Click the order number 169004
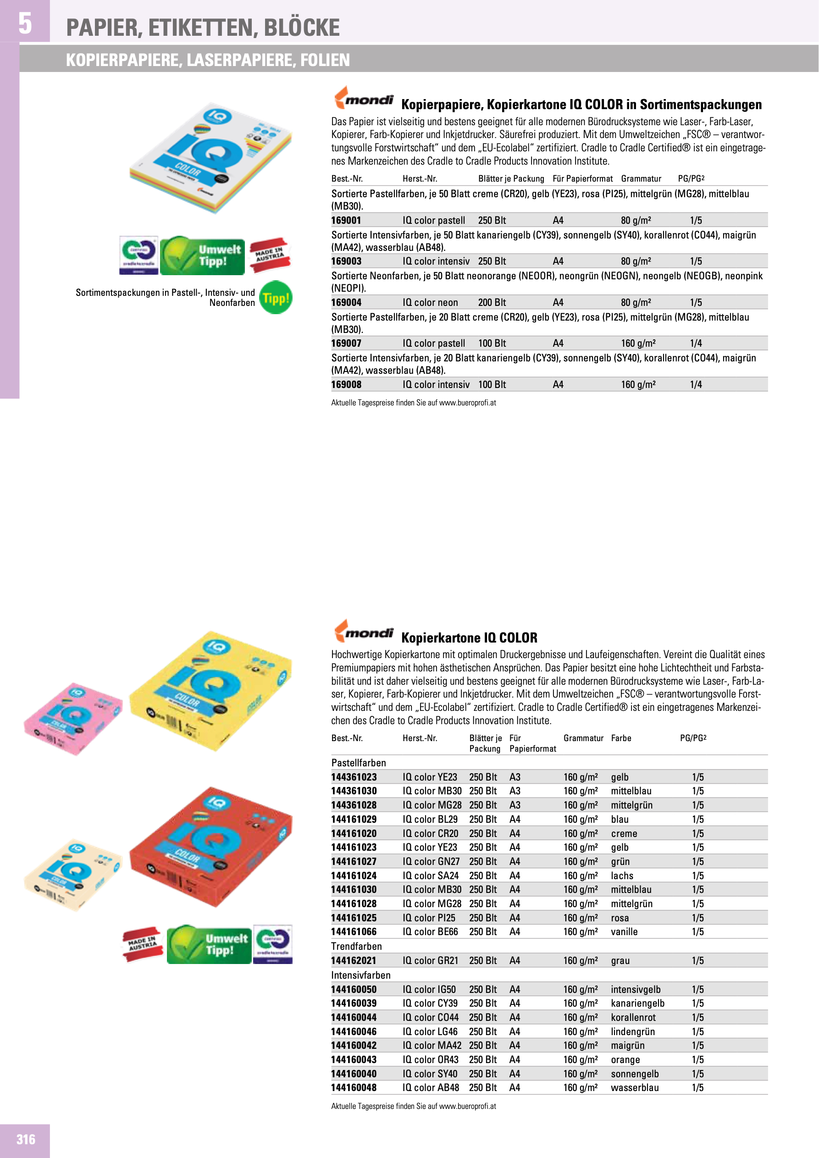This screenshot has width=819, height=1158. tap(346, 303)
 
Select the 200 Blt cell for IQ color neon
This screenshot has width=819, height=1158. tap(492, 303)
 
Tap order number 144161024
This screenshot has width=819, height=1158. tap(354, 875)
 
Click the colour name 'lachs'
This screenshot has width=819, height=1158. tap(622, 875)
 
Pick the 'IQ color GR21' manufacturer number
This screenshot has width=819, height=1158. tap(430, 960)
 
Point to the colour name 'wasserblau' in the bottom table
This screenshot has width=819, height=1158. tap(634, 1087)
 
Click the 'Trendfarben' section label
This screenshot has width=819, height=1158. tap(356, 946)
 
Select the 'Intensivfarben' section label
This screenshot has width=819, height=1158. tap(360, 975)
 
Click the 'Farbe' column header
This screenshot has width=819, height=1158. tap(621, 738)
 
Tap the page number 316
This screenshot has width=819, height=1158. tap(26, 1139)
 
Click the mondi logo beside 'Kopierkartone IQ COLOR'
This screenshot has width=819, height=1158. tap(364, 632)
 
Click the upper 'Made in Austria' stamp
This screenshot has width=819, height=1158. tap(270, 255)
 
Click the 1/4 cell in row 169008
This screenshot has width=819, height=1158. tap(696, 384)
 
